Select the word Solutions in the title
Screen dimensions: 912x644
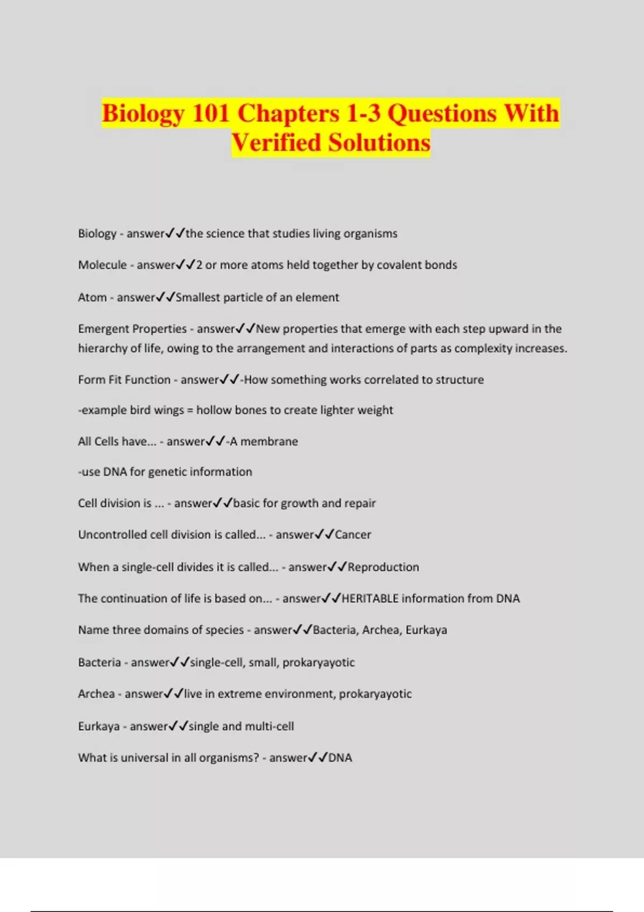(x=379, y=143)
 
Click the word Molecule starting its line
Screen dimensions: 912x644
(x=102, y=265)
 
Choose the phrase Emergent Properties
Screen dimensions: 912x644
(x=132, y=329)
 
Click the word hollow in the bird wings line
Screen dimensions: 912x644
(x=215, y=410)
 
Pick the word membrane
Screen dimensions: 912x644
(x=269, y=442)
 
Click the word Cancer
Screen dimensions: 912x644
(x=353, y=535)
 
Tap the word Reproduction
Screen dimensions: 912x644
(x=383, y=567)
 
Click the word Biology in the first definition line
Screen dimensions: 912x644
(x=97, y=234)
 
